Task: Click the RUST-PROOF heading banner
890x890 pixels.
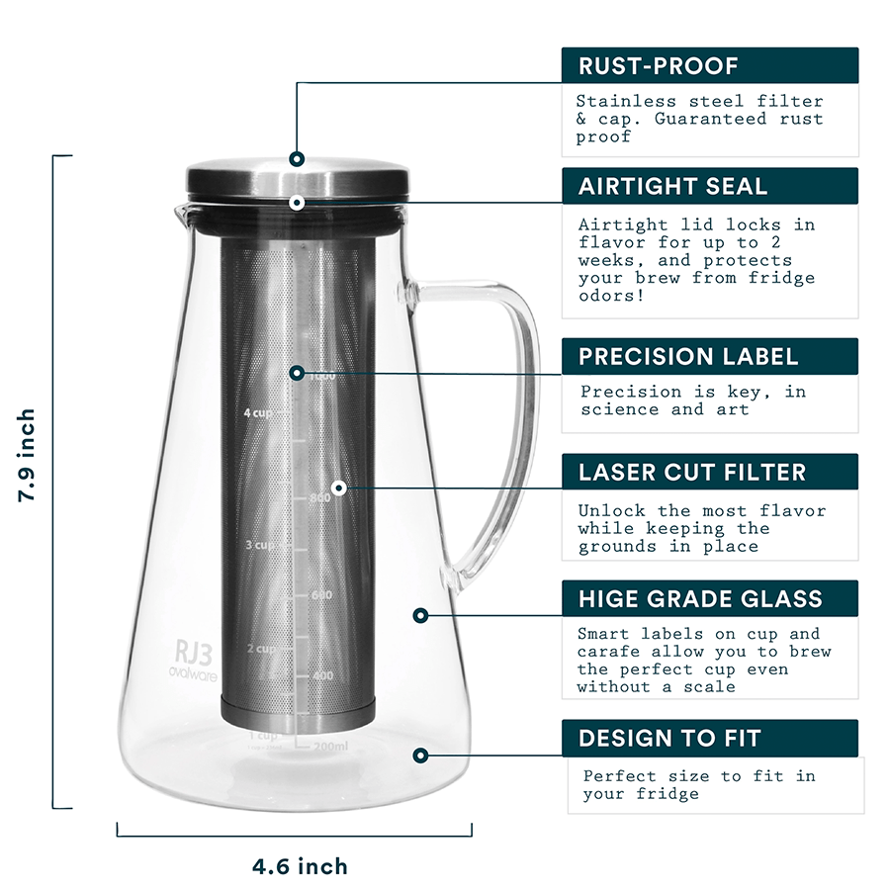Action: point(709,66)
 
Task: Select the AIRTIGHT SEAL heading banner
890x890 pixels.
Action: point(709,186)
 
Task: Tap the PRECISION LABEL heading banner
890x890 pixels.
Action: point(709,356)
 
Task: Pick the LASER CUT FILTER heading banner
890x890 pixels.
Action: point(709,472)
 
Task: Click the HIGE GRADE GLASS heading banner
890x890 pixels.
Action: point(709,598)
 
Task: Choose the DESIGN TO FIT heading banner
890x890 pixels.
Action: point(709,738)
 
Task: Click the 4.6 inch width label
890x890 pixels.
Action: point(300,867)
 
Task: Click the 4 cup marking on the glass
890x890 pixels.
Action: point(258,413)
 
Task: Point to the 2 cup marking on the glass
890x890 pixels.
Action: point(260,649)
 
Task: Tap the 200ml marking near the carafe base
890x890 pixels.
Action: point(330,746)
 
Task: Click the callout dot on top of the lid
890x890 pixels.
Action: point(297,158)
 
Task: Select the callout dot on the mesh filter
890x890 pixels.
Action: point(338,488)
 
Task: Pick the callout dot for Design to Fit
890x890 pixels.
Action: point(420,755)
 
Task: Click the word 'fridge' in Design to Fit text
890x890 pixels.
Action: point(668,794)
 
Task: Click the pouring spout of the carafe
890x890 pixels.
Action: point(180,211)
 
